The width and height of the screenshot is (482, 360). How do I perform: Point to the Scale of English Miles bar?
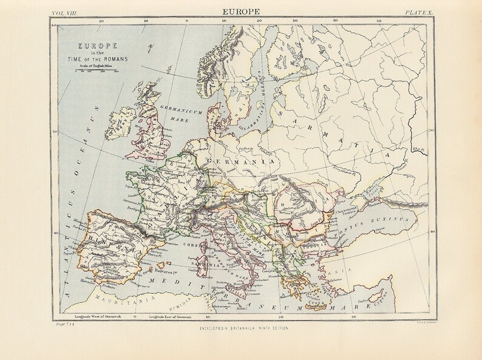94,71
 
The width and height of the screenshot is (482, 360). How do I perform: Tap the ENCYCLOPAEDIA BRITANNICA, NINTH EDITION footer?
241,328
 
